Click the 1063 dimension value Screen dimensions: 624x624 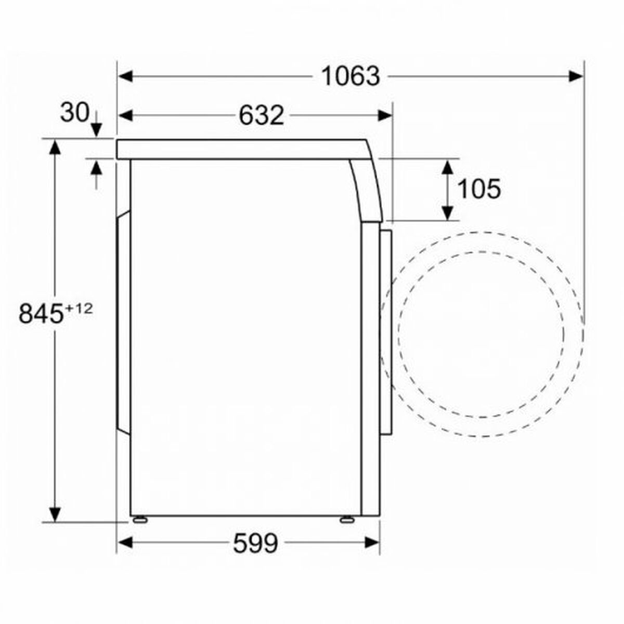point(350,77)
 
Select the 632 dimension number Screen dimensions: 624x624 point(262,115)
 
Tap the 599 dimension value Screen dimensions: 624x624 point(255,543)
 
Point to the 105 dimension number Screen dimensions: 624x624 point(479,189)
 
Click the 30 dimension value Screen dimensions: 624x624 point(75,113)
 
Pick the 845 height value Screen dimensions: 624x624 point(41,314)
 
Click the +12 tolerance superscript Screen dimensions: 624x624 point(80,308)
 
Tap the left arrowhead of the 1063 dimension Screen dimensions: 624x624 point(125,77)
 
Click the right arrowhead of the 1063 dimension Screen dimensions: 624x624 point(576,77)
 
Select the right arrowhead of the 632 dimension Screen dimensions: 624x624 point(385,115)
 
